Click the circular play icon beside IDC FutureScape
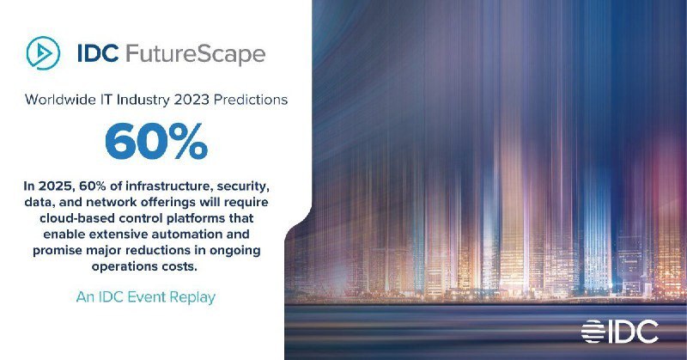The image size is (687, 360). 43,53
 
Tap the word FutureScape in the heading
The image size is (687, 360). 196,54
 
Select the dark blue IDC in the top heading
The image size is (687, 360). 98,53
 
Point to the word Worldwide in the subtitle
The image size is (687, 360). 60,100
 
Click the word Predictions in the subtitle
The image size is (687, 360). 251,100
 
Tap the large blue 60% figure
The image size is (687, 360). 156,141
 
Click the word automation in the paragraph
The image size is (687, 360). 185,235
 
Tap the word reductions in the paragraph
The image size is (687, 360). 161,250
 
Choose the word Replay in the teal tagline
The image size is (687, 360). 192,298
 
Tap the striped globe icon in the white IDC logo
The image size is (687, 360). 593,332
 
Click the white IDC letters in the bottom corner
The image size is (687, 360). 633,332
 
